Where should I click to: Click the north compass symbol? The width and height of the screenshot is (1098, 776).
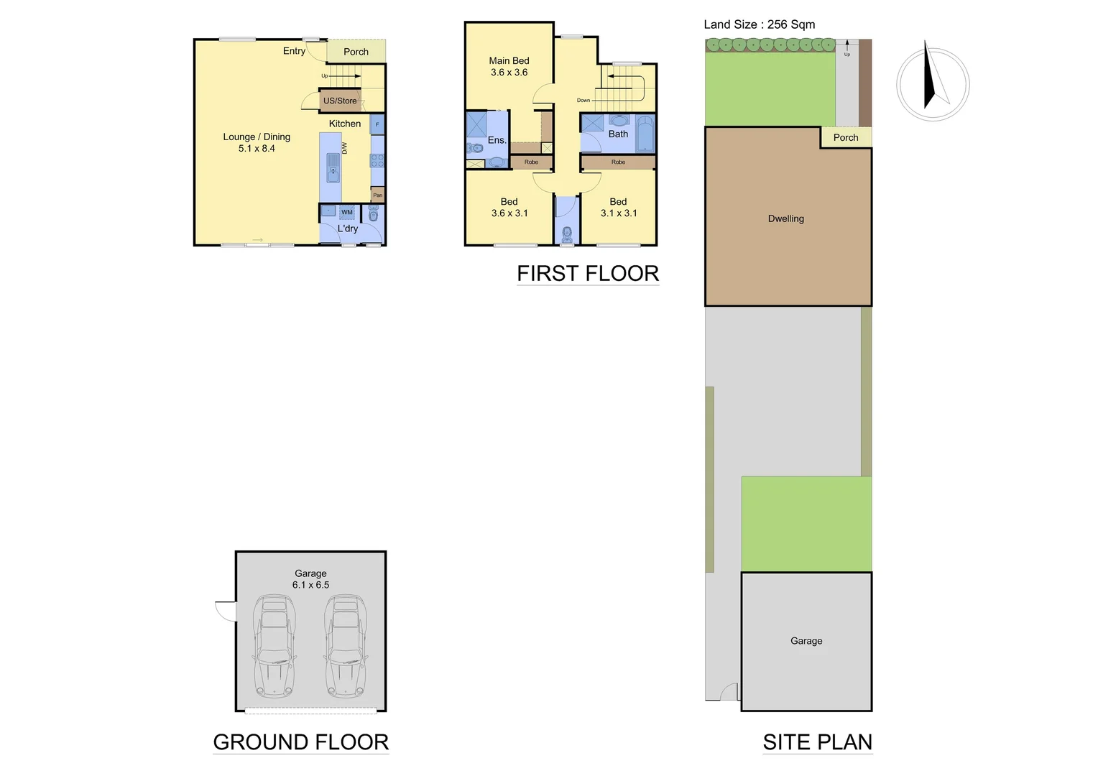[x=933, y=84]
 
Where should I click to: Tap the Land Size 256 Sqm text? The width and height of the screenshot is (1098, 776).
[x=759, y=24]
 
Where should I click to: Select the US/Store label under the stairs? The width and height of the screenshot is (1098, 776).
[x=340, y=101]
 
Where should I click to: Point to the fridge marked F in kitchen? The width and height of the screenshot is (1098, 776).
[x=377, y=124]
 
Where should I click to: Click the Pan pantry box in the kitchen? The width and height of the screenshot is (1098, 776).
[x=377, y=195]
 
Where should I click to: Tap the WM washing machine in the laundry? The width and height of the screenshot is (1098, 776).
[x=347, y=212]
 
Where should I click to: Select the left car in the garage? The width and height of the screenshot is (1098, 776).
[x=274, y=645]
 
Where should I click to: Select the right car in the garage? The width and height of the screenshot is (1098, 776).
[x=346, y=645]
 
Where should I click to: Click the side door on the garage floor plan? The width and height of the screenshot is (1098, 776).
[x=227, y=611]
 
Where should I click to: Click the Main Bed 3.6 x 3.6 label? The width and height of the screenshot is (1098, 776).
[x=509, y=67]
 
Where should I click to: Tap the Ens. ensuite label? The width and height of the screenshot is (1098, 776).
[x=497, y=140]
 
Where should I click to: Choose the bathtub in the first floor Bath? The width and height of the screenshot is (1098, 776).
[x=645, y=134]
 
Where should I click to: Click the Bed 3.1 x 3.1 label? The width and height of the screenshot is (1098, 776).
[x=618, y=208]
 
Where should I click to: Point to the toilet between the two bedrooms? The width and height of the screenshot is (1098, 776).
[x=567, y=234]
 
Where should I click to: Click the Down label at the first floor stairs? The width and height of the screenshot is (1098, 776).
[x=583, y=101]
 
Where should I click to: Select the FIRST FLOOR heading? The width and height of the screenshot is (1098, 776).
[x=588, y=274]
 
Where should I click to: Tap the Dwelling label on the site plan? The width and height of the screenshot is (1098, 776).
[x=785, y=218]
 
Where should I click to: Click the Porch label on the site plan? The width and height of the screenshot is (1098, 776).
[x=846, y=137]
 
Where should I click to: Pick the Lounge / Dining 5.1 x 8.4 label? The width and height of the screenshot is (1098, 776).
[x=257, y=142]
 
